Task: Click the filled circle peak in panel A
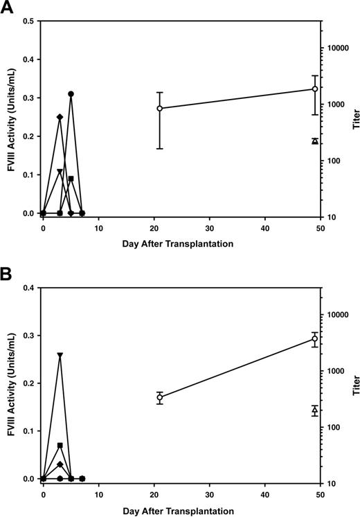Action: (x=71, y=94)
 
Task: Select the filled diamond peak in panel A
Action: (x=60, y=117)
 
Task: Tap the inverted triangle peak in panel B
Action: (x=60, y=356)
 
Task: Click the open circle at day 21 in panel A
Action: (x=160, y=108)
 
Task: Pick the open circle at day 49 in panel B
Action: (x=315, y=338)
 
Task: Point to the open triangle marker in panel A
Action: (x=315, y=141)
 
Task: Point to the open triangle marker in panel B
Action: (x=315, y=410)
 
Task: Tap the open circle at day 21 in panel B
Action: (x=160, y=397)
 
